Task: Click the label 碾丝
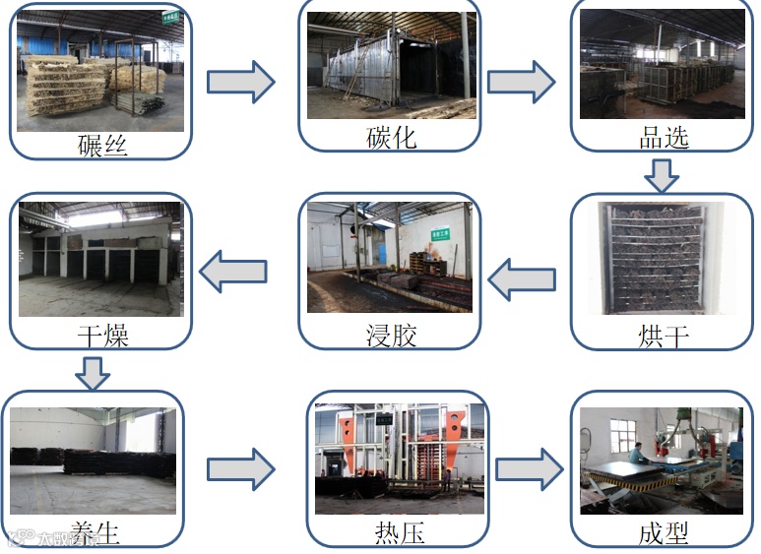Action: (101, 146)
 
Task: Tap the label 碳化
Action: (391, 136)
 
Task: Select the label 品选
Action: (663, 136)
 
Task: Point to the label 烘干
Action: (663, 337)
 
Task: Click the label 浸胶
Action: (391, 336)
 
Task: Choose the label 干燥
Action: (102, 336)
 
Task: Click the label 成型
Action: (663, 532)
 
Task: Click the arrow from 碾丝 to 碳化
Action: (240, 81)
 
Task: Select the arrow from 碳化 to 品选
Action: (521, 81)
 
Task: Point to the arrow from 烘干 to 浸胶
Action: (521, 279)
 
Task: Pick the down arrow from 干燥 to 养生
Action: (93, 373)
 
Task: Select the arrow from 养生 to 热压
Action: (240, 469)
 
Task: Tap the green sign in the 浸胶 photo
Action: (440, 235)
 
